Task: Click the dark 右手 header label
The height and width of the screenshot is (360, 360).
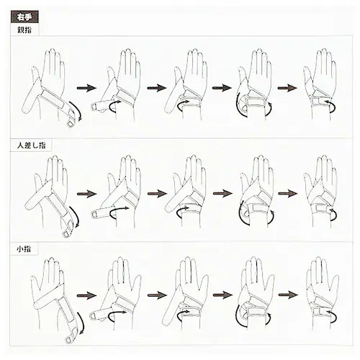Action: (24, 17)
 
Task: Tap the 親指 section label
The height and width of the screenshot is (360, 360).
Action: (24, 30)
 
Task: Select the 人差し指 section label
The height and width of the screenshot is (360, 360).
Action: (31, 145)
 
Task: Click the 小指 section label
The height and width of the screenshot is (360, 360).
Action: (24, 249)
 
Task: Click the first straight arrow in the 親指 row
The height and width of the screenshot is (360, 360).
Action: (86, 88)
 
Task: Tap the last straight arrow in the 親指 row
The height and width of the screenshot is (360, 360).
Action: (287, 88)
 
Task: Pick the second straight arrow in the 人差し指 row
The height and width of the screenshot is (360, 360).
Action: (157, 194)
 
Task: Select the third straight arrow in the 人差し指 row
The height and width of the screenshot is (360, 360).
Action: (222, 194)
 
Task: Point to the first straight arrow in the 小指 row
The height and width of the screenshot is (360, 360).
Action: (86, 295)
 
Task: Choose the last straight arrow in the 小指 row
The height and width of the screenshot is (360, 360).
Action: (288, 295)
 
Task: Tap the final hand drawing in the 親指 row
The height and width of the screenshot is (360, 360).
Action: (320, 84)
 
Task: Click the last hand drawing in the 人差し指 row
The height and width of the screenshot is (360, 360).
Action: (320, 192)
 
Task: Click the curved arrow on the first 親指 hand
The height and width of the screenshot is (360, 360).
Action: (77, 109)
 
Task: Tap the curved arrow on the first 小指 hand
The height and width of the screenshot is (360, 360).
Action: (81, 323)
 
